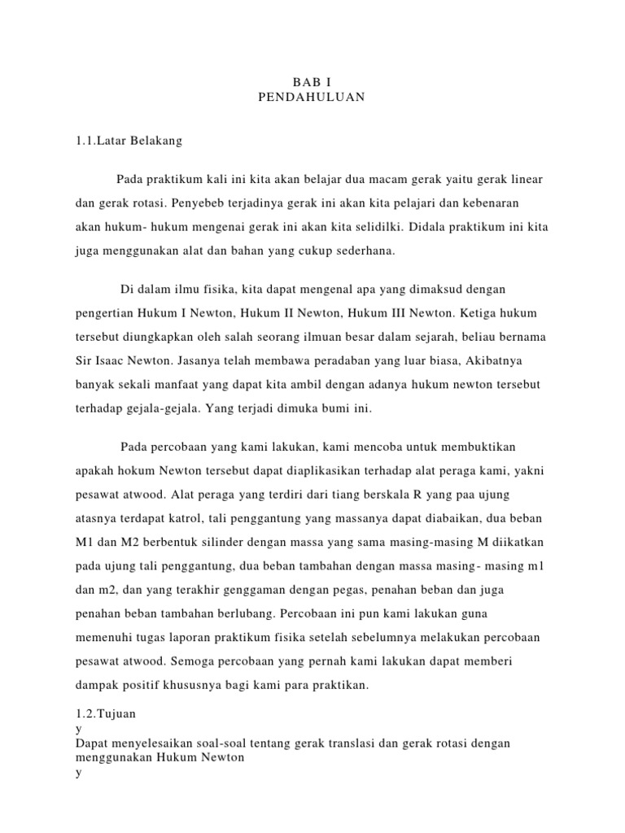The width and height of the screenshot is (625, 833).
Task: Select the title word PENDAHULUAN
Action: click(x=312, y=98)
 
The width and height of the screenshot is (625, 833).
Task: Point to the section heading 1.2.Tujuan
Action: click(x=105, y=713)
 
